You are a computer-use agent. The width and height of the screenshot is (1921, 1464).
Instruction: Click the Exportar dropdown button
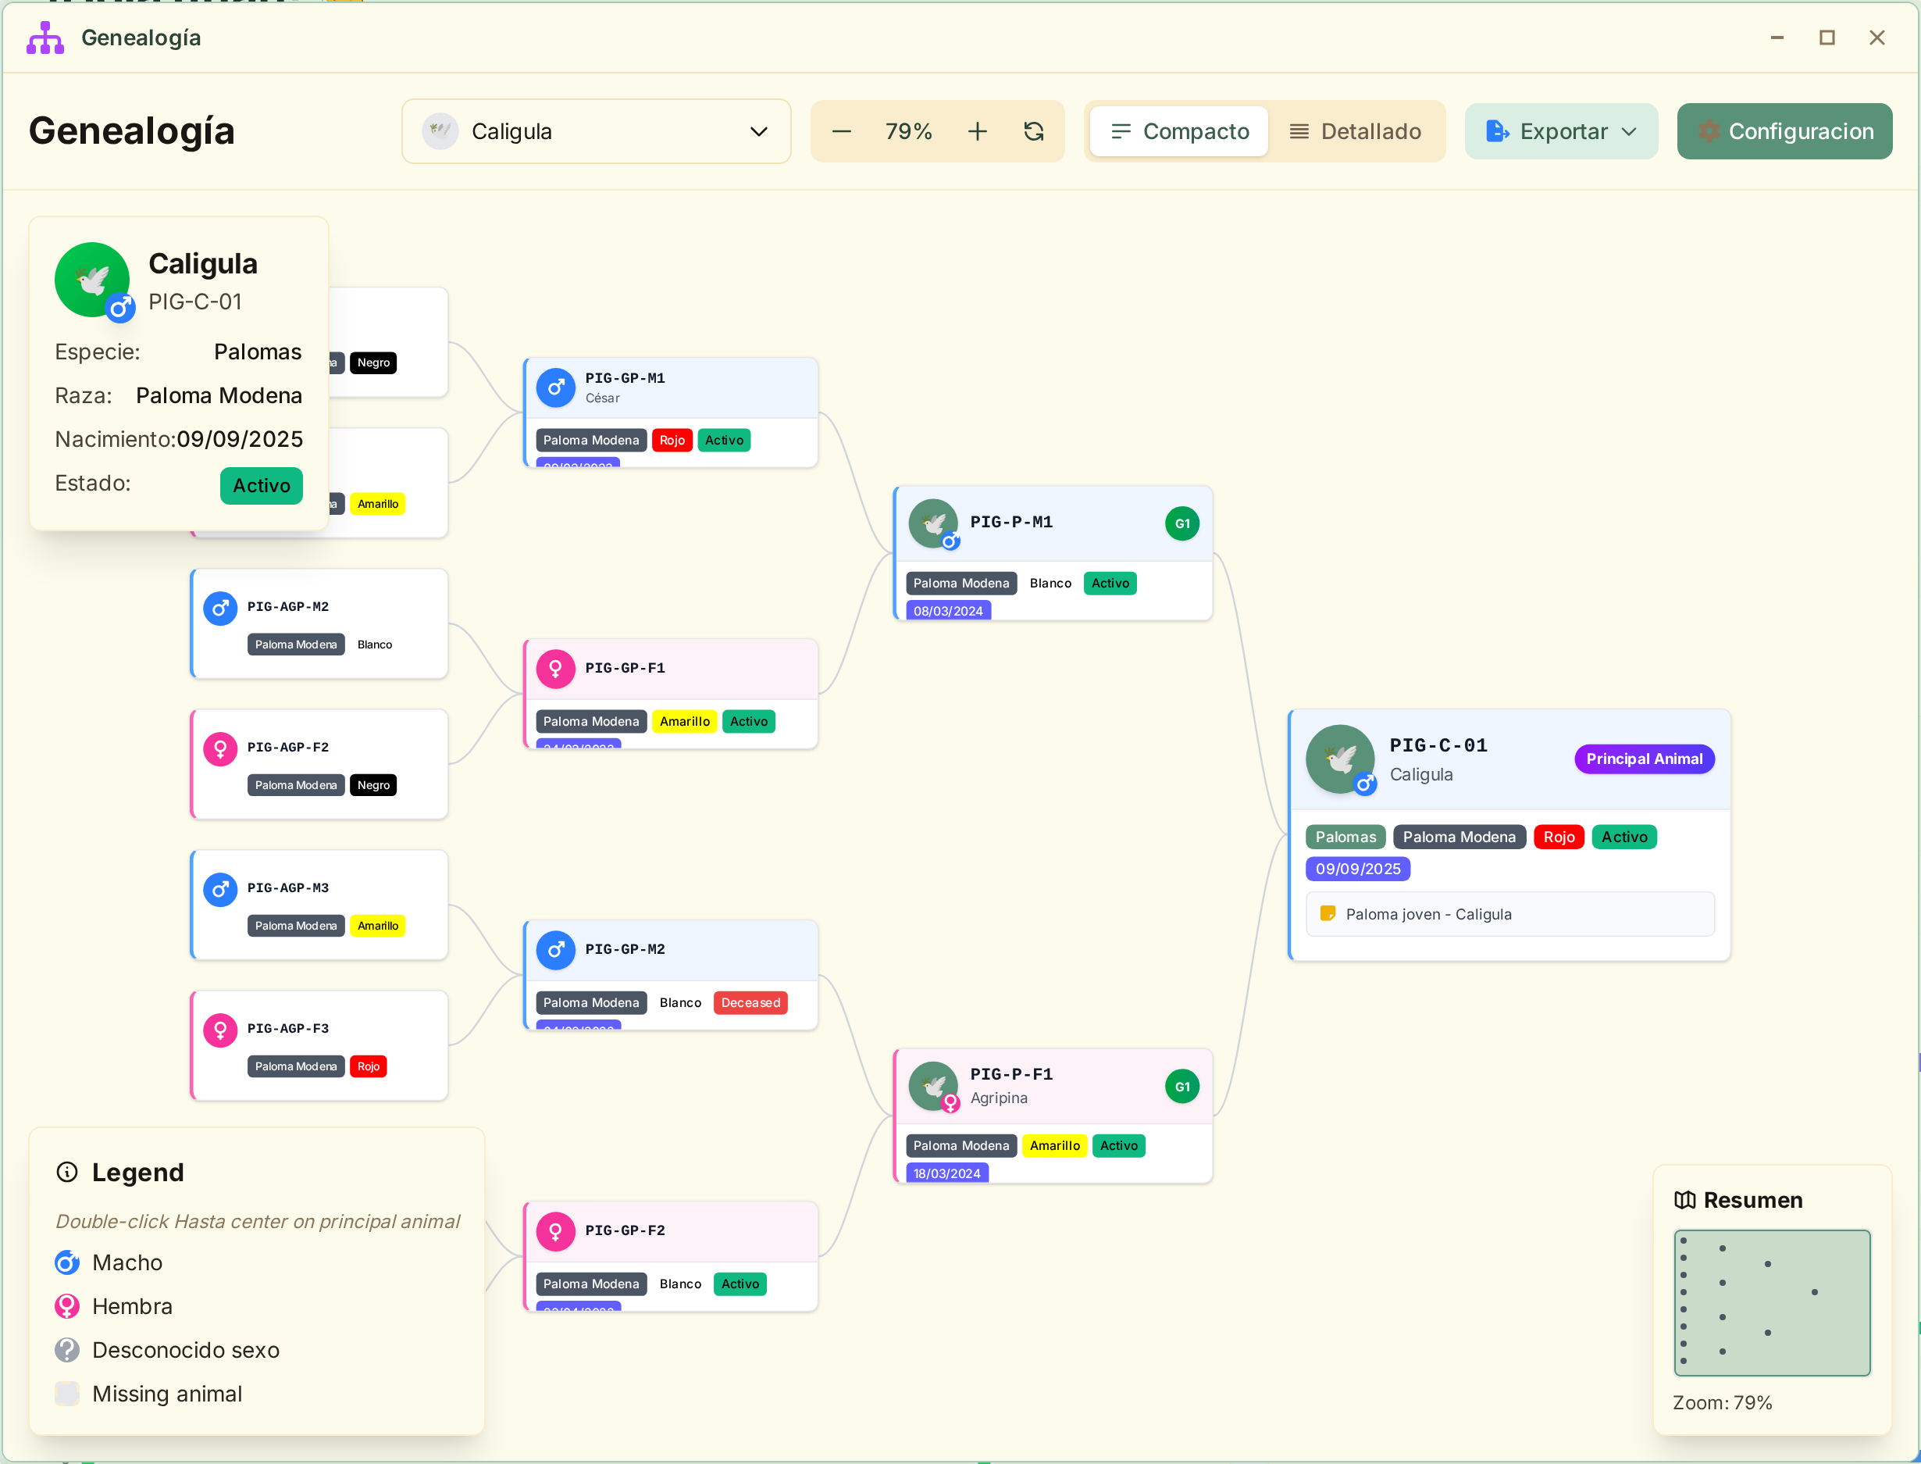(1560, 131)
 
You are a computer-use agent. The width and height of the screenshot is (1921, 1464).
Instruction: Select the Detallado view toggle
(1355, 131)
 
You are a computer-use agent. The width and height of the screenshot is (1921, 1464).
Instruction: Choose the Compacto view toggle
(1180, 131)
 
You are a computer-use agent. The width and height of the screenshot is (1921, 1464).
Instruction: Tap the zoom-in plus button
(978, 131)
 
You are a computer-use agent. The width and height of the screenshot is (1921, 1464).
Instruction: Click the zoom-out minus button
(842, 131)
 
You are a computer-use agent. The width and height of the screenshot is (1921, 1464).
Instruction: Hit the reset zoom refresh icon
(1034, 131)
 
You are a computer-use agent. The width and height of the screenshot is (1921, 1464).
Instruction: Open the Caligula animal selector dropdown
(596, 131)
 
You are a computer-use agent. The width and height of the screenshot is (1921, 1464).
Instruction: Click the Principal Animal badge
(1644, 759)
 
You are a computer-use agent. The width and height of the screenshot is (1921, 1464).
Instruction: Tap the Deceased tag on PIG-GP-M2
(750, 1003)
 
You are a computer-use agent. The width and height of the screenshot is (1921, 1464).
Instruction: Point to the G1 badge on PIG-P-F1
(1181, 1087)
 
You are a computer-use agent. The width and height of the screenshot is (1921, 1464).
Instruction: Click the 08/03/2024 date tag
(948, 611)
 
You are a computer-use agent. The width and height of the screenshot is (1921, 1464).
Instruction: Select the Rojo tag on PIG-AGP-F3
(368, 1066)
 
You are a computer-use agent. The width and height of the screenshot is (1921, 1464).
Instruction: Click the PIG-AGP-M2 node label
(287, 606)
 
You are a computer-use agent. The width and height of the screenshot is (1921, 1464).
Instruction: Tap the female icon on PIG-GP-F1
(556, 670)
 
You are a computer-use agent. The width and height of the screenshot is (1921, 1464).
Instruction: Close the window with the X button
(1876, 37)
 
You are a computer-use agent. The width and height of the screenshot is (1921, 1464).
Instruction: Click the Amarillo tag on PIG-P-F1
(1054, 1146)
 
